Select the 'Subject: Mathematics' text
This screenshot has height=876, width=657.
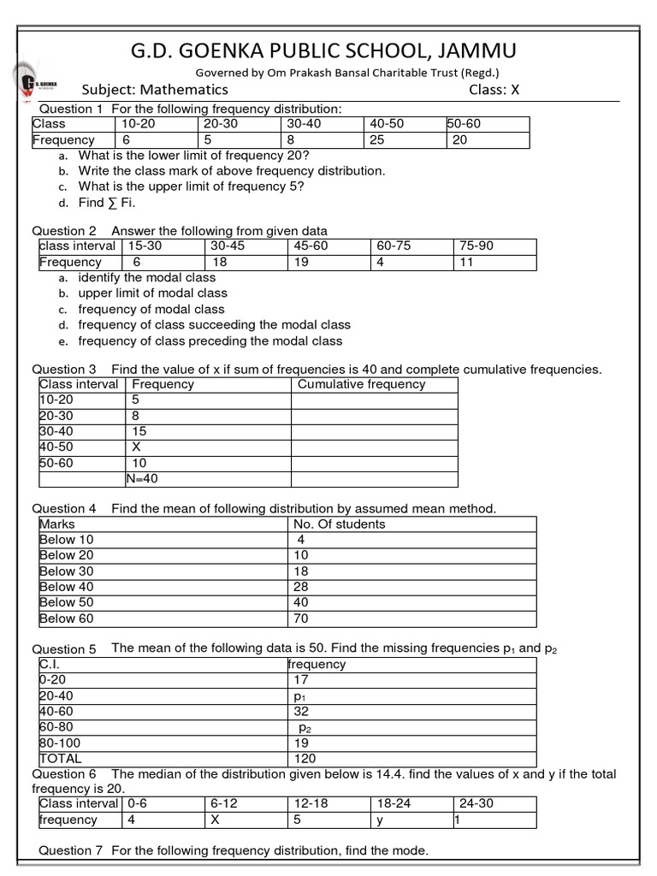155,90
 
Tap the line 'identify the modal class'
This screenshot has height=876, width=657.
146,278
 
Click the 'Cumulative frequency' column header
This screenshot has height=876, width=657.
361,385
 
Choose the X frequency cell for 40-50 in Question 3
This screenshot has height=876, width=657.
136,447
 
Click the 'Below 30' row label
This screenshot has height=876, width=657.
66,571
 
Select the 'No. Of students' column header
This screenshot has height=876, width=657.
339,524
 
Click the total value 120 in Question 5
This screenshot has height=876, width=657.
305,759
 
